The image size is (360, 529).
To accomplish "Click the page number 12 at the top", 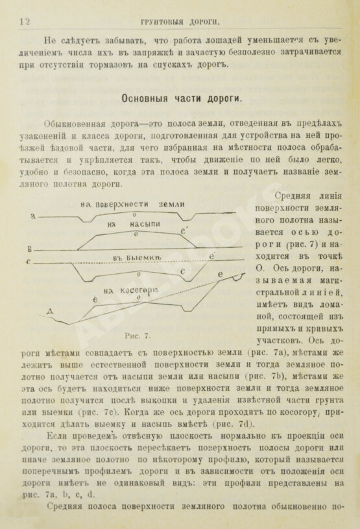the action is coord(25,21).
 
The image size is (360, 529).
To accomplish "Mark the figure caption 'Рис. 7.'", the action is coord(137,336).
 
